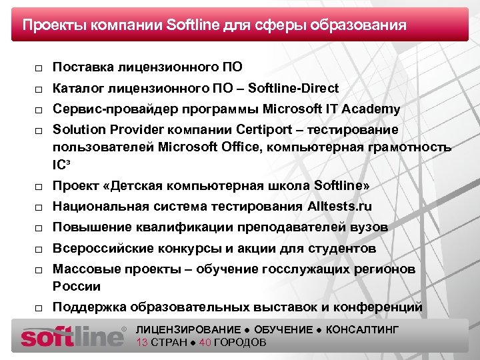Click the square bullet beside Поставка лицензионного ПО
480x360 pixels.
point(39,68)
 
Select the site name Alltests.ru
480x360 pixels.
point(339,207)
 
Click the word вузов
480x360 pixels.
point(369,227)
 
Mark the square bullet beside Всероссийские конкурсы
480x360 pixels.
point(39,250)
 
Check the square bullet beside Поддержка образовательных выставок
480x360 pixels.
point(39,308)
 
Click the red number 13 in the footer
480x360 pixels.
point(141,343)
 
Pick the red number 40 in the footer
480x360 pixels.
point(205,343)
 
